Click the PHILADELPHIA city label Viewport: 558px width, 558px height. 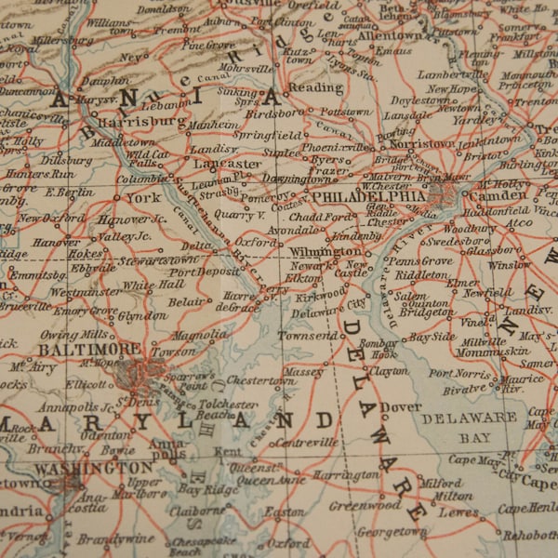[369, 197]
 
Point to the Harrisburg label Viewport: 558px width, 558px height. [141, 122]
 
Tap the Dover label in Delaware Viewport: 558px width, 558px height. [403, 406]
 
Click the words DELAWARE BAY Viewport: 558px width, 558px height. [469, 426]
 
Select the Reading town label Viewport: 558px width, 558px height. [316, 87]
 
